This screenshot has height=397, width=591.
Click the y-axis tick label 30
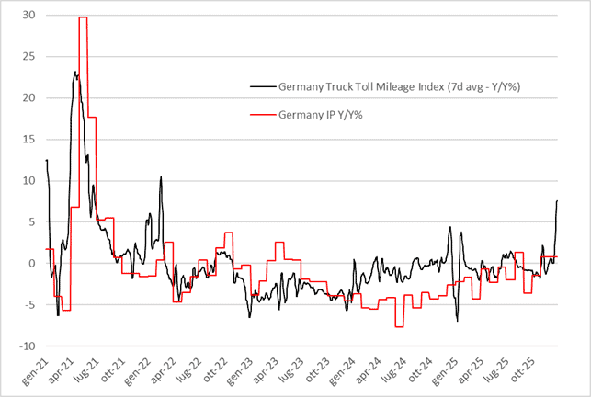(29, 16)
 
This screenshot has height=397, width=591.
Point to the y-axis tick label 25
(29, 57)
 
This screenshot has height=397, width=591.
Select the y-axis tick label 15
(29, 140)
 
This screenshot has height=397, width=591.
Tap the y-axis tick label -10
(28, 346)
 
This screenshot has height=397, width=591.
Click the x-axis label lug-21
(99, 369)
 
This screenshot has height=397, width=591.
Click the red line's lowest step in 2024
(400, 326)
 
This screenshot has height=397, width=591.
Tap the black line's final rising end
(557, 201)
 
